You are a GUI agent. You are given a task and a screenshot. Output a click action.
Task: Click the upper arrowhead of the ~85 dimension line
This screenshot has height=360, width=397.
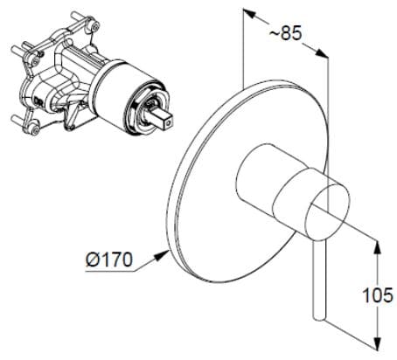247,17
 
